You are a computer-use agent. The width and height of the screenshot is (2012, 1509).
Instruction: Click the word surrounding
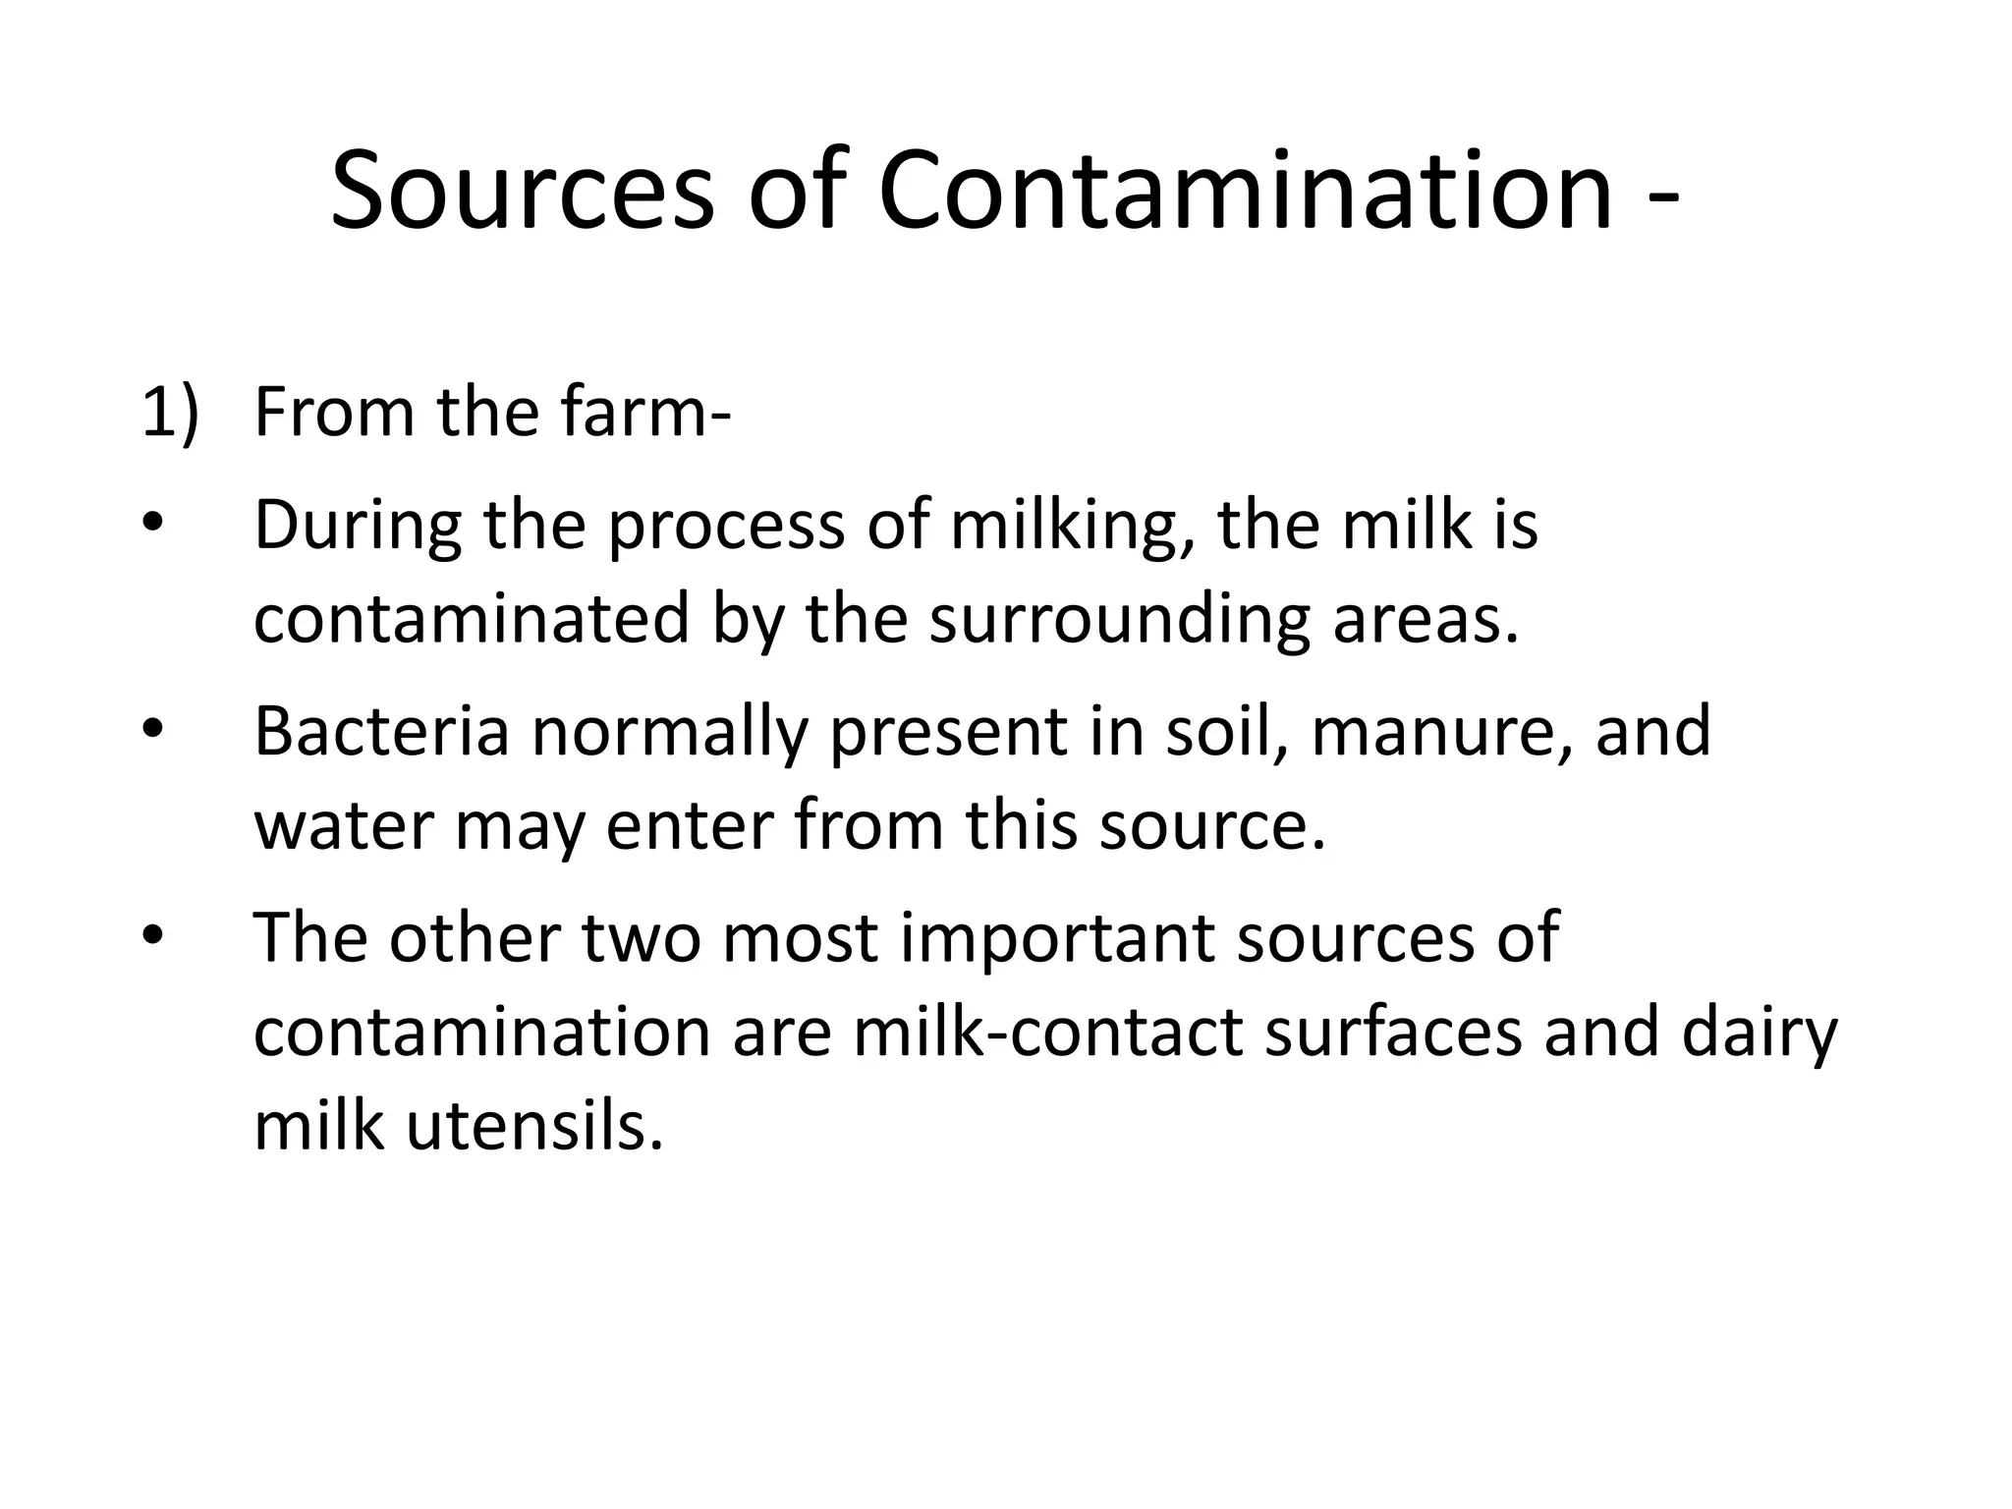(1119, 622)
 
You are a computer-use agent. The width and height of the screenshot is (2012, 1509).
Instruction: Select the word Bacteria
(382, 732)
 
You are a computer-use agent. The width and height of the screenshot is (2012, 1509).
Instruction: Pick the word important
(1055, 938)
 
